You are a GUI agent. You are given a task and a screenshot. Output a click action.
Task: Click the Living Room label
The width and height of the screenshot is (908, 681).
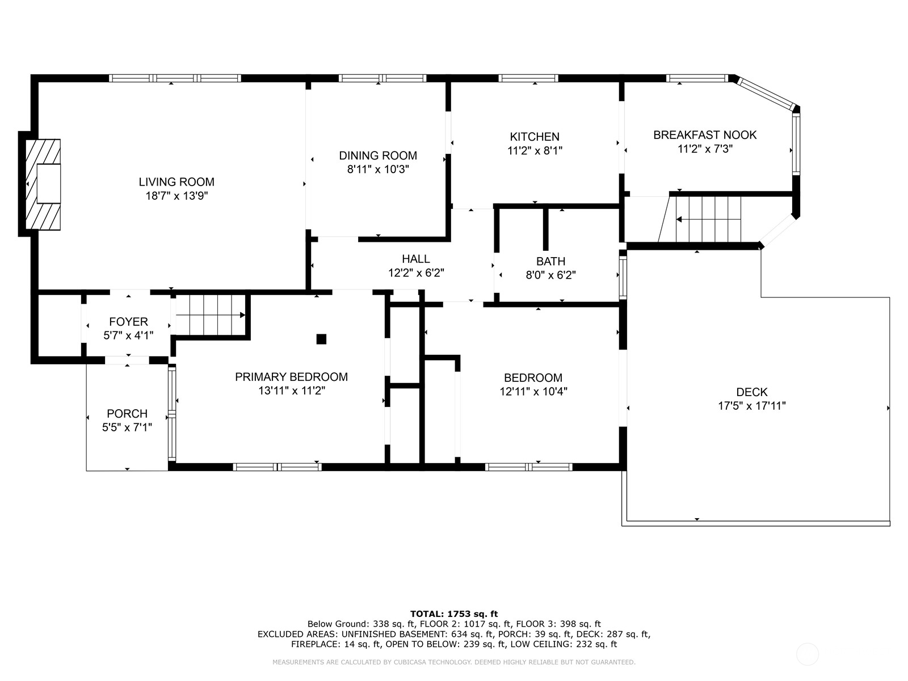tap(176, 182)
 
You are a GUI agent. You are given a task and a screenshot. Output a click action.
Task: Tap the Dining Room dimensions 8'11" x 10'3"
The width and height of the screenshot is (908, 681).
tap(378, 170)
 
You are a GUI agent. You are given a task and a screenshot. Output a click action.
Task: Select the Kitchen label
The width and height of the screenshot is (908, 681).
tap(535, 137)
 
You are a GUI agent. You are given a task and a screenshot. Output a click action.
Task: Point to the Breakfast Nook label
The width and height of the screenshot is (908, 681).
tap(705, 135)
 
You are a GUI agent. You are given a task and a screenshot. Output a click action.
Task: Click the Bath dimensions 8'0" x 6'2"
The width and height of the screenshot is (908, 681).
tap(550, 275)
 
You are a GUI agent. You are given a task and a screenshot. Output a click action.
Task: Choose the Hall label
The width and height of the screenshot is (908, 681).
tap(416, 259)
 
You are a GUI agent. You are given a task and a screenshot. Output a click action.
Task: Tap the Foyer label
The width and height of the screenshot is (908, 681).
tap(128, 322)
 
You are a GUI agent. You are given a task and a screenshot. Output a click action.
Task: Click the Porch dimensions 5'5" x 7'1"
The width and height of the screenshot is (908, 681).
tap(127, 427)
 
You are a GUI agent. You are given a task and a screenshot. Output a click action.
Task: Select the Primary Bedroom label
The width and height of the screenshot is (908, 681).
tap(291, 377)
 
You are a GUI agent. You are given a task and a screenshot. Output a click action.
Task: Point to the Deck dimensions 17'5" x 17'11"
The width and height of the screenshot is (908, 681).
tap(751, 406)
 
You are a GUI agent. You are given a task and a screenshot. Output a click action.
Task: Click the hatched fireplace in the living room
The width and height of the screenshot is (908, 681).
tap(43, 184)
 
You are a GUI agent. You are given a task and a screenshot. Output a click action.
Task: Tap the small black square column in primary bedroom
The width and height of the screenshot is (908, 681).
tap(321, 339)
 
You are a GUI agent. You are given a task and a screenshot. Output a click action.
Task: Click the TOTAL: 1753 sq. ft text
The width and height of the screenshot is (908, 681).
tap(454, 614)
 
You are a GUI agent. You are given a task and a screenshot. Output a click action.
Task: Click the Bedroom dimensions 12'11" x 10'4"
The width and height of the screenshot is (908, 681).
tap(533, 392)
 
